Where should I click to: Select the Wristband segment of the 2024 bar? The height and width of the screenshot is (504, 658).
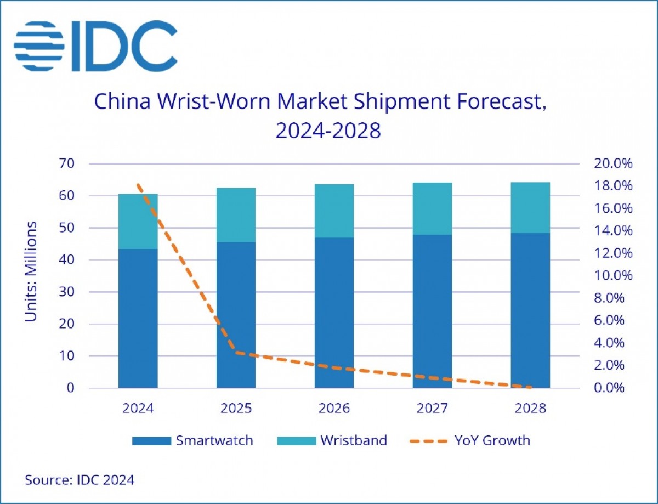138,221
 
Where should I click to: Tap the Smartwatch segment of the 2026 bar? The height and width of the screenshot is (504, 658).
334,313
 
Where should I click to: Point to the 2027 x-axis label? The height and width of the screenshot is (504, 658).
433,409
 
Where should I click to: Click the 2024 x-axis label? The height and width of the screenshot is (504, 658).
138,409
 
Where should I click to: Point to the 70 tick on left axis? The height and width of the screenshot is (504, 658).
70,164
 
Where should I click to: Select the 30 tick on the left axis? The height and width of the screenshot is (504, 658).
70,292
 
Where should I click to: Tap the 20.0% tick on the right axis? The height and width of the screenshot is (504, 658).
613,164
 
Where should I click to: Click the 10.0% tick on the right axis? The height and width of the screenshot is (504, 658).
613,276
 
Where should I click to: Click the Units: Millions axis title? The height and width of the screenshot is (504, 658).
32,271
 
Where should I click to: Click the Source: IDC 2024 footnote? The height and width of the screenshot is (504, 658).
80,480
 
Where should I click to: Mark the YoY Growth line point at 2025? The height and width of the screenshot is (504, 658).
236,352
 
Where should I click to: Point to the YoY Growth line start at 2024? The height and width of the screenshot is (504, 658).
138,185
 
